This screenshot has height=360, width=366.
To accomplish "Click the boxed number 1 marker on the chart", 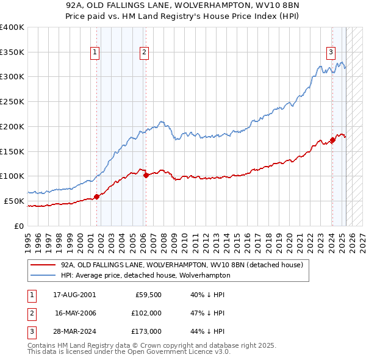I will (96, 53).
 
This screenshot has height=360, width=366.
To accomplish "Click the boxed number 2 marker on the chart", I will (145, 53).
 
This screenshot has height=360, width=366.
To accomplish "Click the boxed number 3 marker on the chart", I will (331, 52).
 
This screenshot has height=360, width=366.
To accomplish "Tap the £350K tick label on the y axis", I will (12, 52).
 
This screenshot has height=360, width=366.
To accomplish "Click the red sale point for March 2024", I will (332, 140).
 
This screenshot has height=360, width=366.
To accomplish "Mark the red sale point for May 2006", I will (146, 175).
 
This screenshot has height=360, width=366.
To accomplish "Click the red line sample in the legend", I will (43, 265).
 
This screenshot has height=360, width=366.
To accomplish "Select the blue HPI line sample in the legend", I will (43, 275).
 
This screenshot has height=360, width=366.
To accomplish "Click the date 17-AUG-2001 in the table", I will (74, 294).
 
